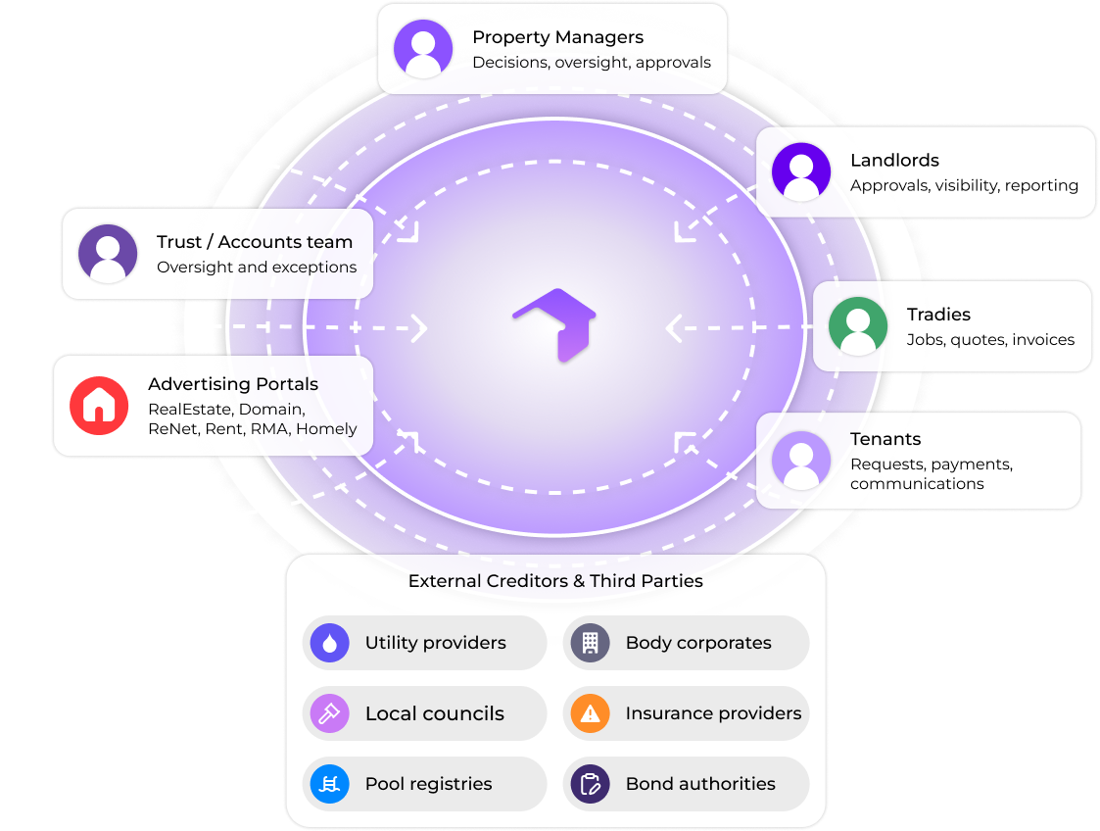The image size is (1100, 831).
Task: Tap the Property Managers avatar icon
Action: point(423,49)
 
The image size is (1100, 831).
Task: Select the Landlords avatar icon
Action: point(801,172)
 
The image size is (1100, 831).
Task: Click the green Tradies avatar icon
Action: point(858,326)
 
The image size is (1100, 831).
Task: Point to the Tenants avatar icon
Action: point(801,461)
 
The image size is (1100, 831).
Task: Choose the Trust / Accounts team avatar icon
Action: point(108,254)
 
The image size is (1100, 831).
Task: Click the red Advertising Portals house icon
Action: point(99,406)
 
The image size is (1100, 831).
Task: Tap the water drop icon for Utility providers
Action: point(330,643)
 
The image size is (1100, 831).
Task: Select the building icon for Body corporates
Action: point(591,643)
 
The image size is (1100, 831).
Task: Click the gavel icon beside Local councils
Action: point(330,713)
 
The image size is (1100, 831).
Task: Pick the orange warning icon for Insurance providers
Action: point(591,713)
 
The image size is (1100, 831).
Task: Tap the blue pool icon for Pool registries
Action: point(330,784)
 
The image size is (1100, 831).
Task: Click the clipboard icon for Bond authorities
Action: point(591,784)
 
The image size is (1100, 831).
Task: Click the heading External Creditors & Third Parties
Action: point(555,581)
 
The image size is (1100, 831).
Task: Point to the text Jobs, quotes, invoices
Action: point(990,340)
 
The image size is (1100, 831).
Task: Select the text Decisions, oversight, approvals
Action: point(592,63)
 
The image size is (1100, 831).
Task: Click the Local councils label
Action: point(434,713)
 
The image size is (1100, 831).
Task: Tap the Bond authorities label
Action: point(700,784)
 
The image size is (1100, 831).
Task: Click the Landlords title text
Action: point(894,160)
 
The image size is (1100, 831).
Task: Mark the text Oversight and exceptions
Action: point(257,268)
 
